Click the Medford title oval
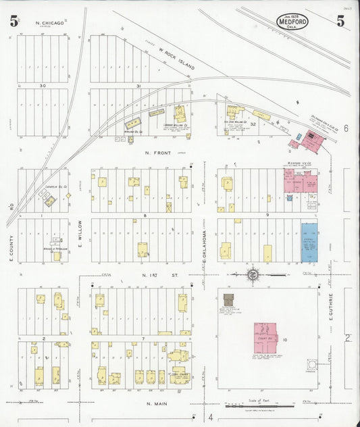pyautogui.click(x=292, y=22)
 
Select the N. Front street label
pyautogui.click(x=156, y=153)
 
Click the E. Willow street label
pyautogui.click(x=80, y=233)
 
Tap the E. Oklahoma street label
pyautogui.click(x=204, y=247)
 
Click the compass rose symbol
pyautogui.click(x=252, y=274)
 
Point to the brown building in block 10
pyautogui.click(x=228, y=300)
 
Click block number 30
pyautogui.click(x=43, y=86)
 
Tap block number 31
pyautogui.click(x=138, y=86)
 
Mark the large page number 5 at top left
pyautogui.click(x=14, y=21)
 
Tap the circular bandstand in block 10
pyautogui.click(x=311, y=365)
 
